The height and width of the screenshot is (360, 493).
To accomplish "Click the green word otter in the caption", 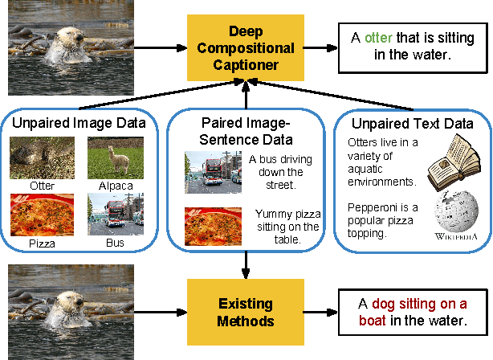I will [380, 37].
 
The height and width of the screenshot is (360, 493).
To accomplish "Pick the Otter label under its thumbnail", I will [43, 186].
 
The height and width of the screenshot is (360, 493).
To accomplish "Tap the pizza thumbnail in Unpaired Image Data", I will [42, 215].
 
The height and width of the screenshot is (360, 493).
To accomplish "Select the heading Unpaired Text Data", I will [413, 124].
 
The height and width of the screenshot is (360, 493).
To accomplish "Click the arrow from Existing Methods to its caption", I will [321, 312].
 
